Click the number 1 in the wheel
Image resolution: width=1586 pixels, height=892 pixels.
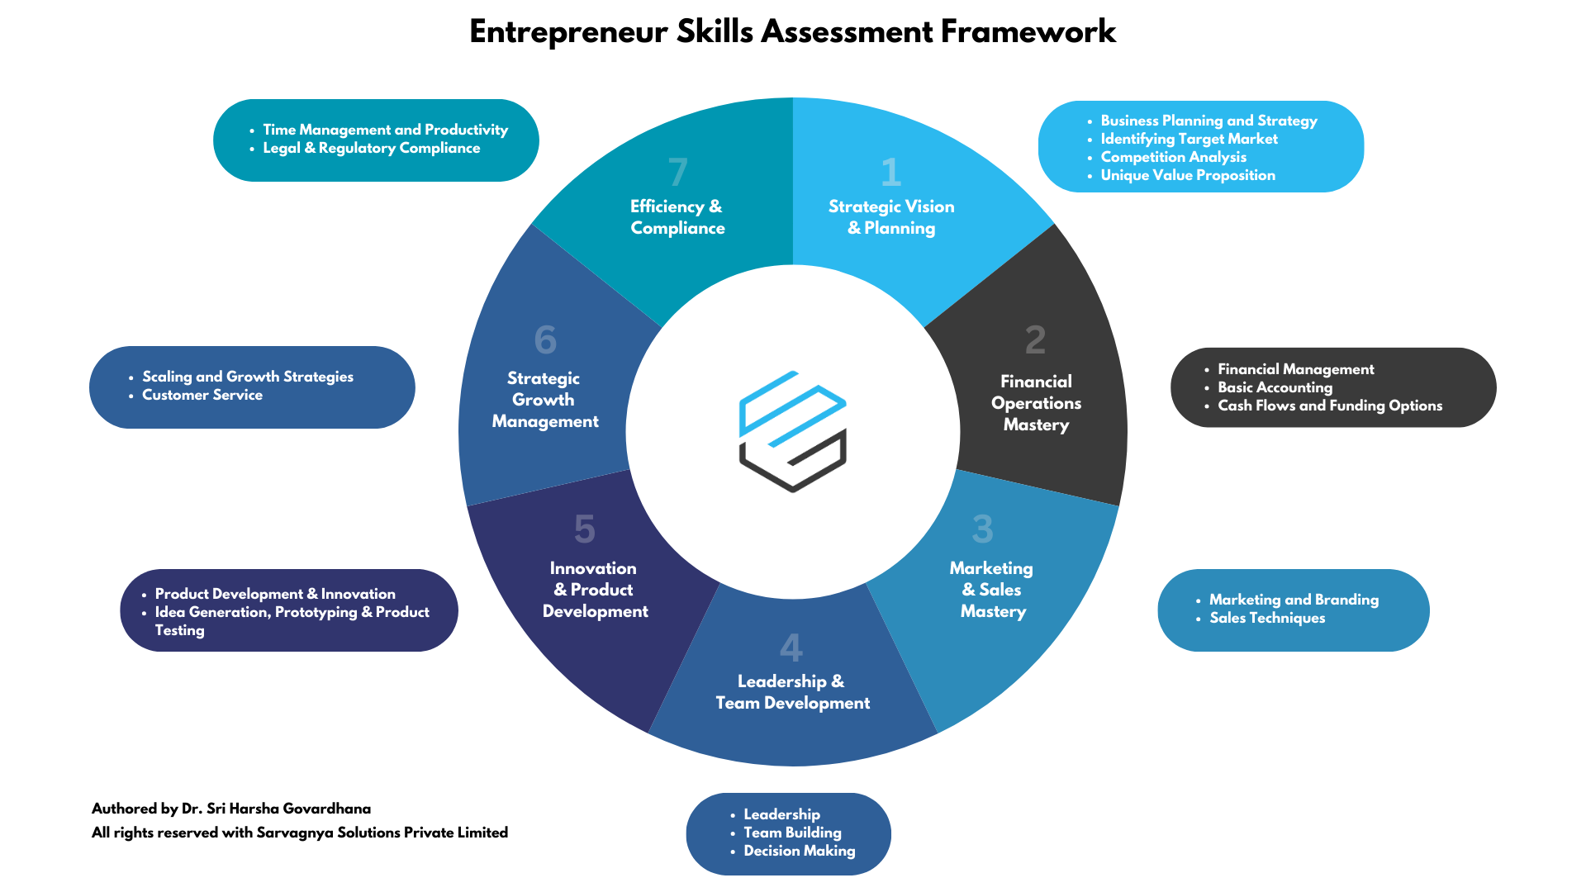pos(890,173)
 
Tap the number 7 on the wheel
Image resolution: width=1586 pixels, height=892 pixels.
pos(677,173)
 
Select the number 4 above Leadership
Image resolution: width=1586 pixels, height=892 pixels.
pos(791,648)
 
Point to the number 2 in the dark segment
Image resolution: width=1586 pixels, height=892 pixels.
pos(1035,340)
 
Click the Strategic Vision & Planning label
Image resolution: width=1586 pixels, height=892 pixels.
pos(891,217)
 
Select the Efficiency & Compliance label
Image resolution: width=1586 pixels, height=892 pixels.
pos(677,217)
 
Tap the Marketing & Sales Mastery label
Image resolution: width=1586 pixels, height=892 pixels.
pos(992,590)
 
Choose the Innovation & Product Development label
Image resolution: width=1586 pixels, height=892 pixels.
pos(594,590)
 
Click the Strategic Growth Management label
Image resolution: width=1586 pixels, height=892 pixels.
pos(544,400)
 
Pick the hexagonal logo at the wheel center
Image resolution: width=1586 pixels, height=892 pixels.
pos(792,431)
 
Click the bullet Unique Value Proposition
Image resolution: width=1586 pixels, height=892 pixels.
pos(1187,175)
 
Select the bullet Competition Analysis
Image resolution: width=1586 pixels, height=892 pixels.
pos(1173,157)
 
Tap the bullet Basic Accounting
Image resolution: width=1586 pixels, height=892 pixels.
pos(1275,387)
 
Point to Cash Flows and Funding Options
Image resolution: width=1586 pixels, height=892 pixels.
pos(1329,406)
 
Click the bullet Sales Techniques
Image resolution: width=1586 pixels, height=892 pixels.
pos(1266,618)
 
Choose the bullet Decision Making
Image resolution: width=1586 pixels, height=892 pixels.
pos(799,851)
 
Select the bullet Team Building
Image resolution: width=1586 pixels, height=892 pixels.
pos(792,833)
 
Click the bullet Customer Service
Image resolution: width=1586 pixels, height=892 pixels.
pos(202,395)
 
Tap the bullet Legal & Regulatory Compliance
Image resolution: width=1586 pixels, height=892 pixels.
pos(371,148)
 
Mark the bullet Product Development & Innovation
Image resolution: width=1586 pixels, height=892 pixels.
pos(275,594)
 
